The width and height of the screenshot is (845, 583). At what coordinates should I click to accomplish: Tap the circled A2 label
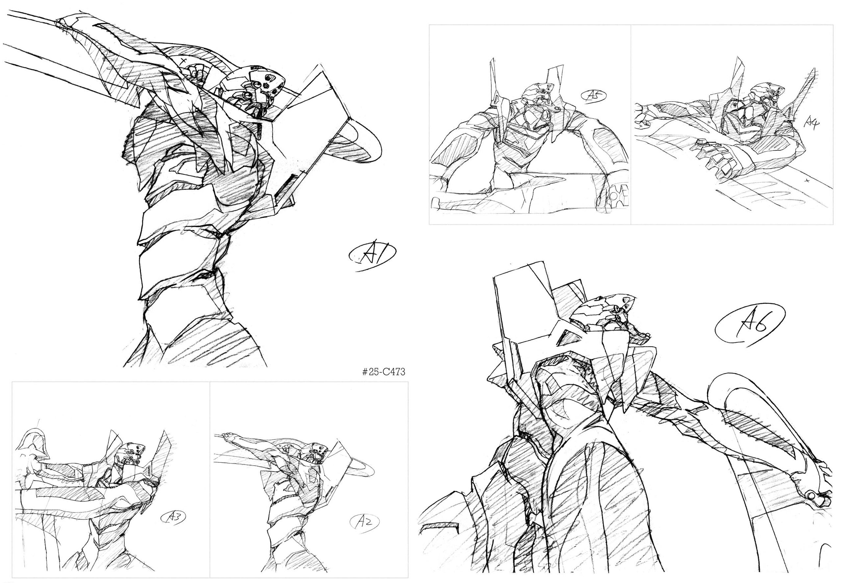click(x=363, y=532)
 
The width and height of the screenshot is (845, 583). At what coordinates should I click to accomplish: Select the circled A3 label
click(x=174, y=517)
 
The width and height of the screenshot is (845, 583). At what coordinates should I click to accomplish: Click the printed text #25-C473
click(x=383, y=372)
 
